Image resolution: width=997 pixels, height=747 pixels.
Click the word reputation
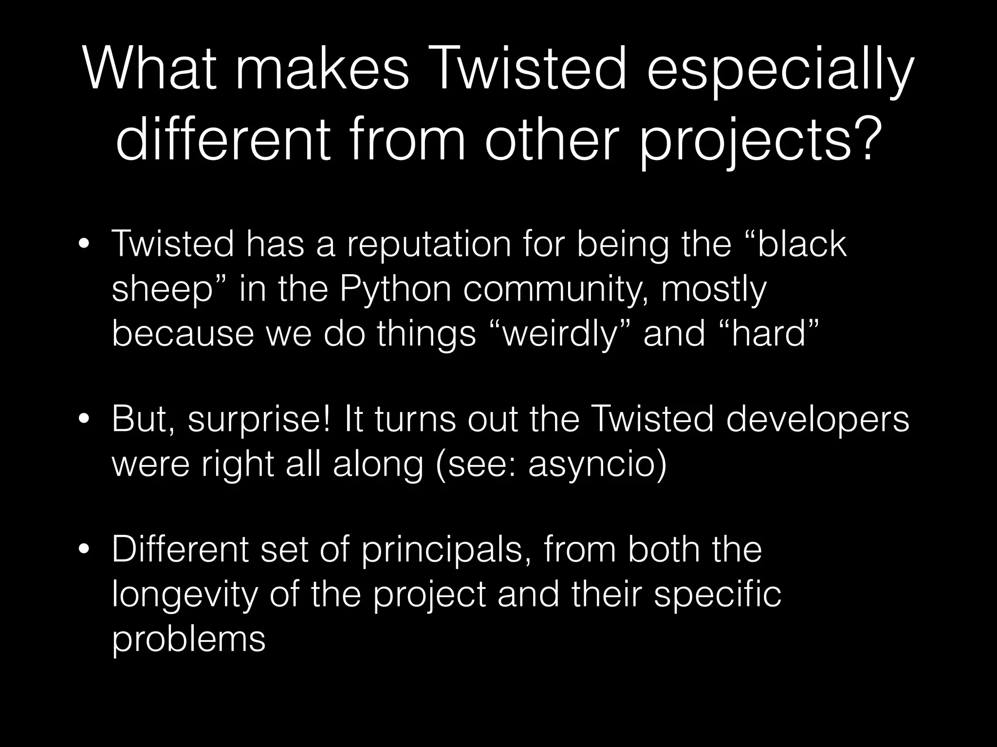[x=428, y=246]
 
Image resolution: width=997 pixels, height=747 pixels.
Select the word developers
[x=817, y=419]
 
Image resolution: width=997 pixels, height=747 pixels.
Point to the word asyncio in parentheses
[x=592, y=465]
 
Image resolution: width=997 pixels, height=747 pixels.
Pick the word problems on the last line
[x=188, y=640]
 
